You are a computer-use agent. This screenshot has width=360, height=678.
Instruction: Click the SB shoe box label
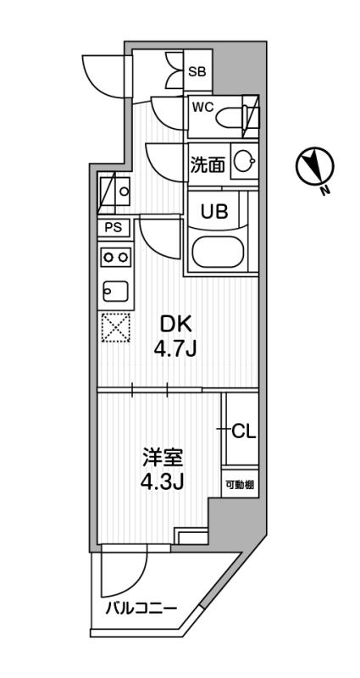click(x=197, y=72)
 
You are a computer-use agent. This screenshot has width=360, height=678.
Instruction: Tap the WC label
click(x=202, y=107)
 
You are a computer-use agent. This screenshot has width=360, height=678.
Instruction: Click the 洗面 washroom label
click(x=208, y=164)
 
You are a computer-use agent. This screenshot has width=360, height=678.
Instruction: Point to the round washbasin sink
click(x=244, y=163)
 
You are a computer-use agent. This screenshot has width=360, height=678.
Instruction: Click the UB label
click(x=213, y=211)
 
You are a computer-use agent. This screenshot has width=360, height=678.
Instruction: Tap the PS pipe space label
click(x=113, y=227)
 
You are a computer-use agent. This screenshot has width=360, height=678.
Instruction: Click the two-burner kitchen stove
click(x=115, y=256)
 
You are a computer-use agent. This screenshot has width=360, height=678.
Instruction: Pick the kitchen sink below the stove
click(x=115, y=290)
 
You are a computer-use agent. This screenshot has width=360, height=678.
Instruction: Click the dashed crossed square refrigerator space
click(x=115, y=329)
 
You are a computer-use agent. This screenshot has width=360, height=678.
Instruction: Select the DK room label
click(x=175, y=323)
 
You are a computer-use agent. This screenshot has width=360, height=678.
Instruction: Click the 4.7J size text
click(x=175, y=348)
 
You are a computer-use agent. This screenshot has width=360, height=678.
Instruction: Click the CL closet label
click(x=241, y=431)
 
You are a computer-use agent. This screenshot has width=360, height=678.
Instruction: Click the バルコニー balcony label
click(x=141, y=609)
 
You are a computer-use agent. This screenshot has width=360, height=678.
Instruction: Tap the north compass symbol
click(x=314, y=167)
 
